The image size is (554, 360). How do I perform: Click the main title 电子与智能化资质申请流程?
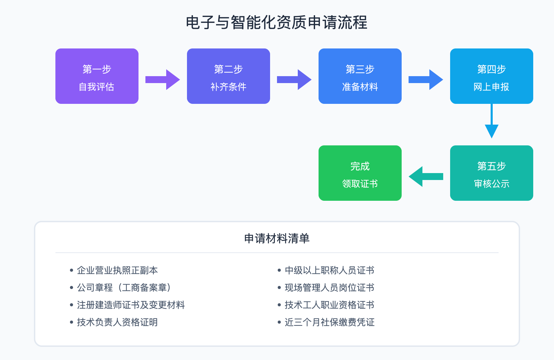[x=277, y=23]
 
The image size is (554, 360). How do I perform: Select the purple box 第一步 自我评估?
[x=97, y=76]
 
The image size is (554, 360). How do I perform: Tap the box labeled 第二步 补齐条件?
[x=229, y=76]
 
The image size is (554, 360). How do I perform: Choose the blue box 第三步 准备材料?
[x=360, y=76]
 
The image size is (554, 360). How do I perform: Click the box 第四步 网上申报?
[x=492, y=76]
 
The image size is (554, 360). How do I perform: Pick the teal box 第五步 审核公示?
[x=492, y=173]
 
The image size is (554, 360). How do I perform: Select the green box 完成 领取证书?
[x=360, y=173]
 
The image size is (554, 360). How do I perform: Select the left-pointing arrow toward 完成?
[x=426, y=177]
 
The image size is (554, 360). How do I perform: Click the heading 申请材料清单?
[x=277, y=238]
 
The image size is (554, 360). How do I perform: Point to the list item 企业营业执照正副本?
[x=117, y=270]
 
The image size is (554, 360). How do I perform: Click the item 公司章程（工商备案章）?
[x=124, y=288]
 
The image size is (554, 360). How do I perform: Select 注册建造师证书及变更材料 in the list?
[x=131, y=305]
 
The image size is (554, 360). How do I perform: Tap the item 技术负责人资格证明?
[x=117, y=322]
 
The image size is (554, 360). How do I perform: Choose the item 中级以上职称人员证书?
[x=329, y=270]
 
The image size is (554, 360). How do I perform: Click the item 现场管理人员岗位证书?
[x=329, y=288]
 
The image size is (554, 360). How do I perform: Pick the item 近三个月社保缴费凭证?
[x=329, y=322]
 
